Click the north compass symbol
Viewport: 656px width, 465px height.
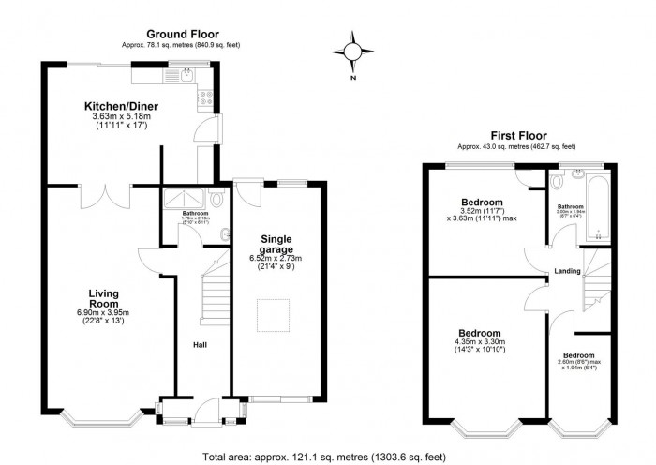click(x=352, y=52)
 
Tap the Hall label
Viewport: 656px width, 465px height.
click(x=200, y=344)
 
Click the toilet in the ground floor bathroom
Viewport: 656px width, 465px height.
click(x=216, y=199)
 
